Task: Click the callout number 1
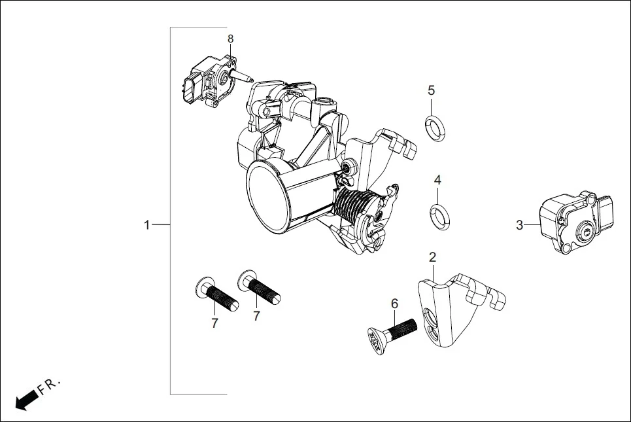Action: pyautogui.click(x=147, y=225)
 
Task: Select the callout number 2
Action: pyautogui.click(x=432, y=257)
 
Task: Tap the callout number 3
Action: pyautogui.click(x=519, y=225)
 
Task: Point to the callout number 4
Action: pyautogui.click(x=437, y=180)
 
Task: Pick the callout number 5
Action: pyautogui.click(x=431, y=90)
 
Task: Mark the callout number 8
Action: pyautogui.click(x=230, y=39)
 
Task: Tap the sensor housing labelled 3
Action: pyautogui.click(x=569, y=222)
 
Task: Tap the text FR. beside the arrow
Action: pyautogui.click(x=48, y=387)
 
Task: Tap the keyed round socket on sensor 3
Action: pyautogui.click(x=585, y=230)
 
